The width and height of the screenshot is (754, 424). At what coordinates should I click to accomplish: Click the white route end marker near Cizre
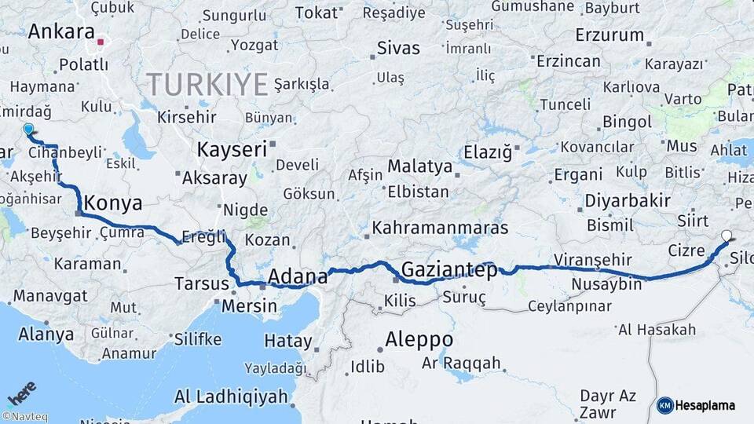point(727,235)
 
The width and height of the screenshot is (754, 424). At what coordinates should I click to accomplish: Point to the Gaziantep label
point(449,271)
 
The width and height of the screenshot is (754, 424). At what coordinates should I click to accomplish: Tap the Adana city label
point(298,276)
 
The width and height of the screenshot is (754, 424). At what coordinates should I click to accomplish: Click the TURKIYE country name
point(207,83)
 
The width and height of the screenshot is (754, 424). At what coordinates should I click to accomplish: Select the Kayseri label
point(231,148)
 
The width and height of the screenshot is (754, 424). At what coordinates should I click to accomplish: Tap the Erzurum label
point(609,35)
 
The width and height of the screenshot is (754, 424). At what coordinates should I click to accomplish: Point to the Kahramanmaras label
point(440,228)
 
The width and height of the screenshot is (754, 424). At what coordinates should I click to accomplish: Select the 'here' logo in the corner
point(21,393)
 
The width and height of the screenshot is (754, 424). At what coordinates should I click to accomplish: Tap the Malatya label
point(420,166)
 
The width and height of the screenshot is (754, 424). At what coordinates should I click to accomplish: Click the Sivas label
point(398,47)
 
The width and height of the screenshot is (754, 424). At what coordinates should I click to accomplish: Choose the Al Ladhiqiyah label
point(231,397)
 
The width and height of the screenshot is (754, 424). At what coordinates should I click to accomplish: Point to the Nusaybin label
point(606,283)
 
